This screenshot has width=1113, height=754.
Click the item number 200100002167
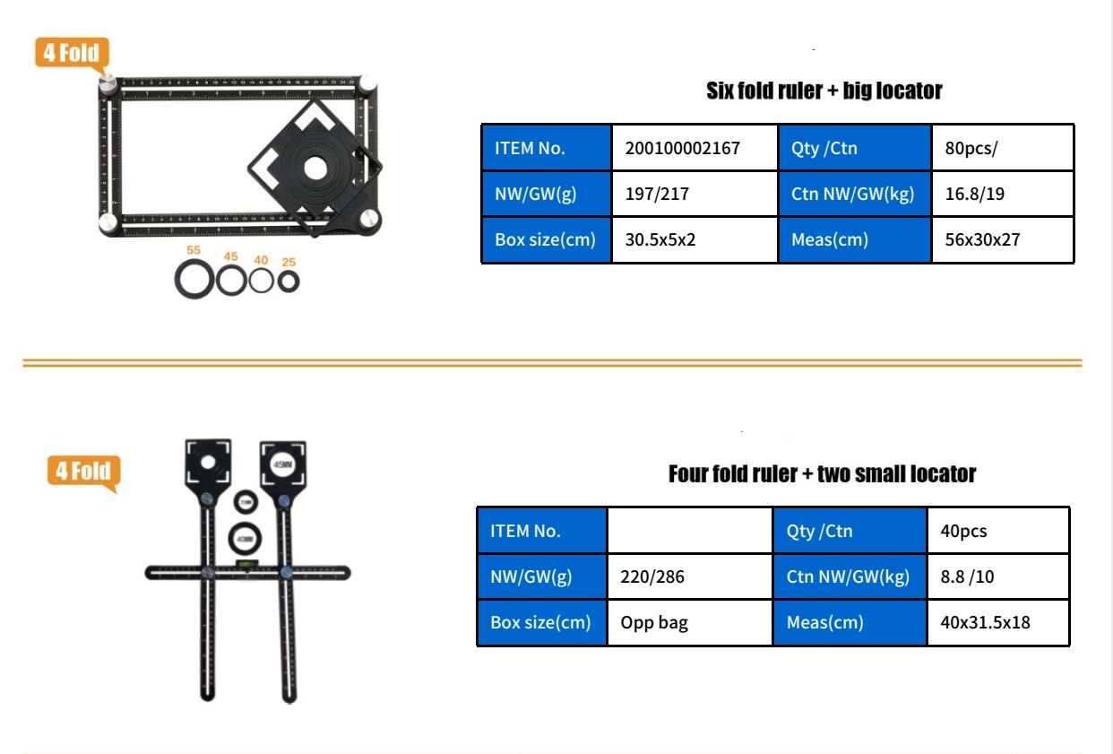(x=682, y=148)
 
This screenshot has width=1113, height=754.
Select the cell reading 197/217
(x=657, y=194)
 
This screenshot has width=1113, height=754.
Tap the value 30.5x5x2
(x=660, y=240)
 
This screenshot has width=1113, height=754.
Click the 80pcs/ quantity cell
(x=971, y=148)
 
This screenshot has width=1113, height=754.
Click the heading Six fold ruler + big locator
(x=824, y=91)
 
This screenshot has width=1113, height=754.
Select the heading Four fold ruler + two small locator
(x=822, y=473)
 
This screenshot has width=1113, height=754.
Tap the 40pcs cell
(x=963, y=531)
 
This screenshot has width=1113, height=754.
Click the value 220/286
(x=652, y=576)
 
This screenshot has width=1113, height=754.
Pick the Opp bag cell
(x=654, y=622)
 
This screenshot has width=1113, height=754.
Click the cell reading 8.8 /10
(x=967, y=576)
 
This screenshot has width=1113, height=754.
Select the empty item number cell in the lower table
(x=689, y=531)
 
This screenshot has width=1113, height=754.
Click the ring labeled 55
(x=194, y=280)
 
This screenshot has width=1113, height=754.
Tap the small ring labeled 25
(x=289, y=281)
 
